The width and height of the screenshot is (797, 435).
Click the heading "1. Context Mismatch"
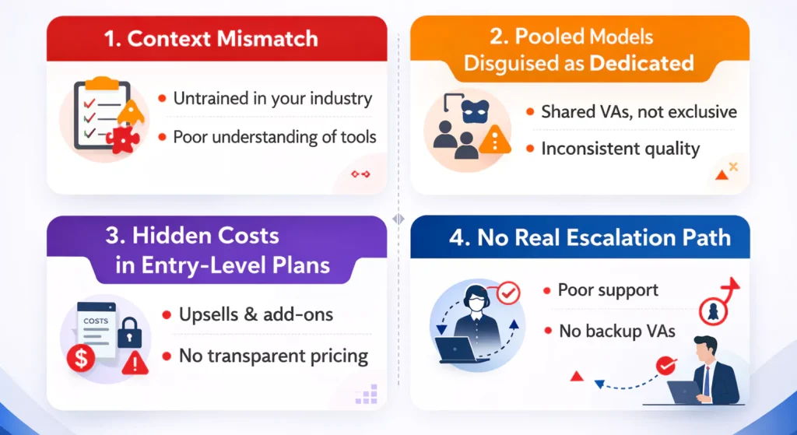coord(211,39)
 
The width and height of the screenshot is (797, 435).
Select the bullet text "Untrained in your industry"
coord(272,99)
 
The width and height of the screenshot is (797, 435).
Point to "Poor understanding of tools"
coord(275,137)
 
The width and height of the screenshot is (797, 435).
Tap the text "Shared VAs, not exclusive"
coord(639,112)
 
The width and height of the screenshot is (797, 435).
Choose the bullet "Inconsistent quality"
coord(620,149)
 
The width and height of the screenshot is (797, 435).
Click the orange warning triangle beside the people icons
coord(494,139)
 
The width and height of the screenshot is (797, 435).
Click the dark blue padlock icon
coord(130,333)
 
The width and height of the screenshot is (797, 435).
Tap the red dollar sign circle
coord(81,357)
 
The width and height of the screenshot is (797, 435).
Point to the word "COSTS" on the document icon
coord(96,321)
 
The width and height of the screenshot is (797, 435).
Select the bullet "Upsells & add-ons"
coord(255,314)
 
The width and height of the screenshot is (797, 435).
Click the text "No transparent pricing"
coord(273,356)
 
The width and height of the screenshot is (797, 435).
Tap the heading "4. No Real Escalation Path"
coord(590,238)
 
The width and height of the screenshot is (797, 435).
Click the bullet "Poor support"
coord(608,289)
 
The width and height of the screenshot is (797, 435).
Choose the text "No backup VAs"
coord(617,332)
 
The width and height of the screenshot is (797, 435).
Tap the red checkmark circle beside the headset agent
coord(508,293)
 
